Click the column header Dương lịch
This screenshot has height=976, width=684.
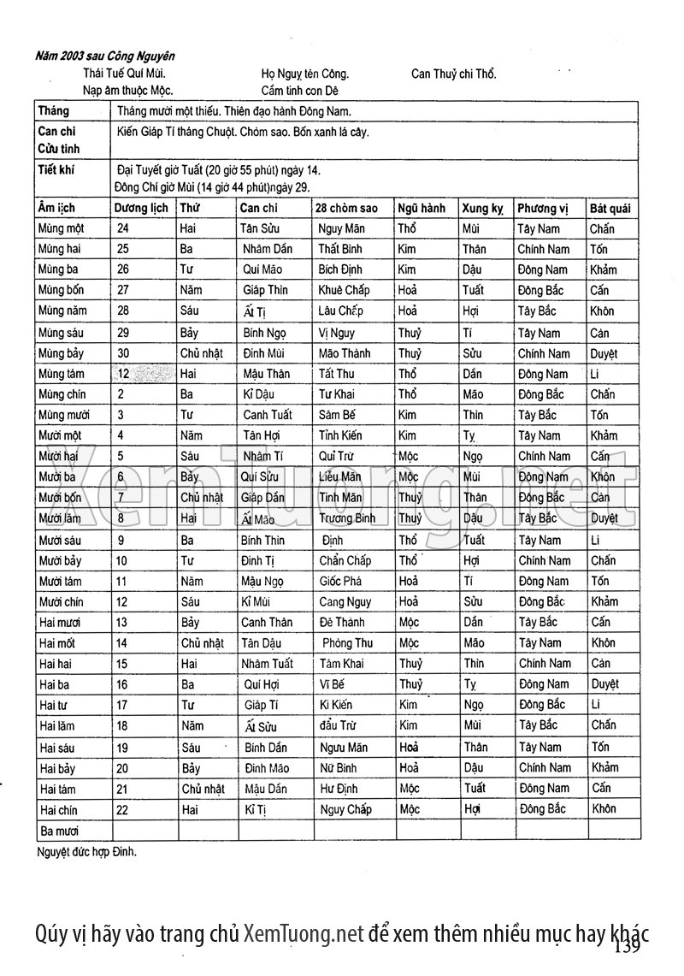pyautogui.click(x=141, y=208)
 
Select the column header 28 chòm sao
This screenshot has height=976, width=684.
pyautogui.click(x=345, y=208)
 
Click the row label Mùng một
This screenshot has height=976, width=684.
pyautogui.click(x=62, y=228)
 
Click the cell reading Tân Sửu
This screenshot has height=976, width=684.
pyautogui.click(x=264, y=228)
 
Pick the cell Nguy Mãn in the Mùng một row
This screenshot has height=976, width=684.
pyautogui.click(x=342, y=228)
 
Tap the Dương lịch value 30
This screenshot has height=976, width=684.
pyautogui.click(x=123, y=353)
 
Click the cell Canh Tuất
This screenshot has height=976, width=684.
pyautogui.click(x=268, y=415)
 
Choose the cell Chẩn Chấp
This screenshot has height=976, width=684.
pyautogui.click(x=345, y=560)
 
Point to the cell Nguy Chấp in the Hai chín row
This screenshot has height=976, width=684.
pyautogui.click(x=345, y=808)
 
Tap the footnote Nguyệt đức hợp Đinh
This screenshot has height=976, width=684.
pyautogui.click(x=87, y=852)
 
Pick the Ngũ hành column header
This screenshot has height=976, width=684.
pyautogui.click(x=422, y=208)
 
